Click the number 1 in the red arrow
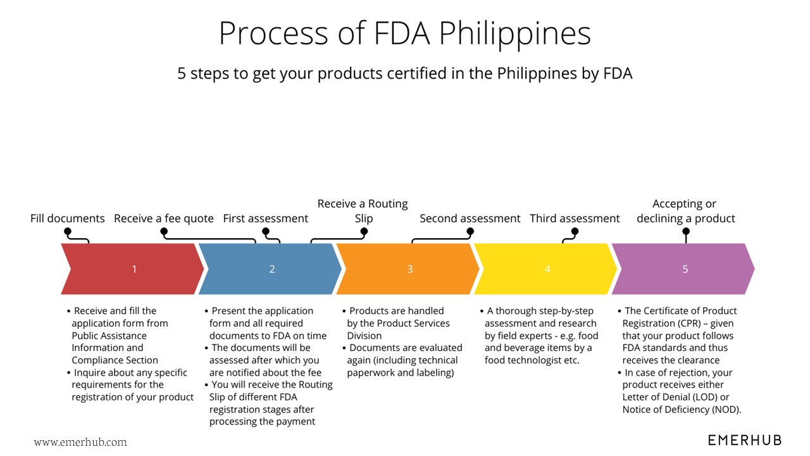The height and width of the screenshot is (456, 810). pyautogui.click(x=134, y=269)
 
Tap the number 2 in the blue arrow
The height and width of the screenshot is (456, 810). pyautogui.click(x=272, y=269)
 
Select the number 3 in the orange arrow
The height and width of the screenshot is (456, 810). pyautogui.click(x=409, y=269)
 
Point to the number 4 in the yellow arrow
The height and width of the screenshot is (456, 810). pyautogui.click(x=547, y=269)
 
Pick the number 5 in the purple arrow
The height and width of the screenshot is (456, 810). pyautogui.click(x=685, y=269)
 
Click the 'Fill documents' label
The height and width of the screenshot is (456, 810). pyautogui.click(x=68, y=218)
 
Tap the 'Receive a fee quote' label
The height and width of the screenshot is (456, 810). pyautogui.click(x=164, y=218)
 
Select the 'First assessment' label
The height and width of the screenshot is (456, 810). pyautogui.click(x=266, y=218)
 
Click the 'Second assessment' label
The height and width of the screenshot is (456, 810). pyautogui.click(x=470, y=218)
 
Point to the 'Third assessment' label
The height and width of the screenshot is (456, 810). pyautogui.click(x=575, y=218)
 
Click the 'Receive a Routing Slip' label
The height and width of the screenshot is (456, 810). pyautogui.click(x=363, y=211)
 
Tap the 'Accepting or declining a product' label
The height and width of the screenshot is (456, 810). pyautogui.click(x=685, y=211)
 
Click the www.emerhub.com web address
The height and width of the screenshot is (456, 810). pyautogui.click(x=80, y=442)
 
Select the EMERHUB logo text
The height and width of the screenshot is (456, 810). pyautogui.click(x=745, y=440)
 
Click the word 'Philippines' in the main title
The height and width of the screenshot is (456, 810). pyautogui.click(x=515, y=34)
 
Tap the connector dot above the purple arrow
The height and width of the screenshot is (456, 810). pyautogui.click(x=685, y=232)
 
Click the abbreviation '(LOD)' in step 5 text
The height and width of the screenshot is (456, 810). pyautogui.click(x=699, y=397)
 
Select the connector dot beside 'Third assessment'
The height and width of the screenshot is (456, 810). pyautogui.click(x=575, y=232)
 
